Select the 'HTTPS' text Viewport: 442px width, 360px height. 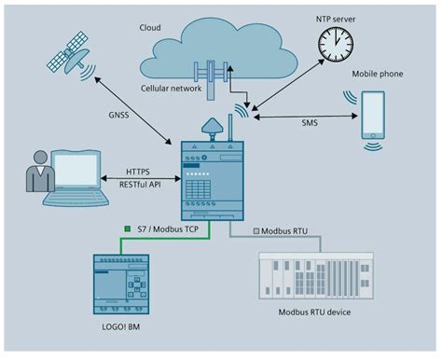coord(138,172)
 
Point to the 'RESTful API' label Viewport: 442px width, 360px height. coord(138,184)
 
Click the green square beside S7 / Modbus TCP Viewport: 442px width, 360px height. coord(128,229)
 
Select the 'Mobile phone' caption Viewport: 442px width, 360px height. coord(378,73)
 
